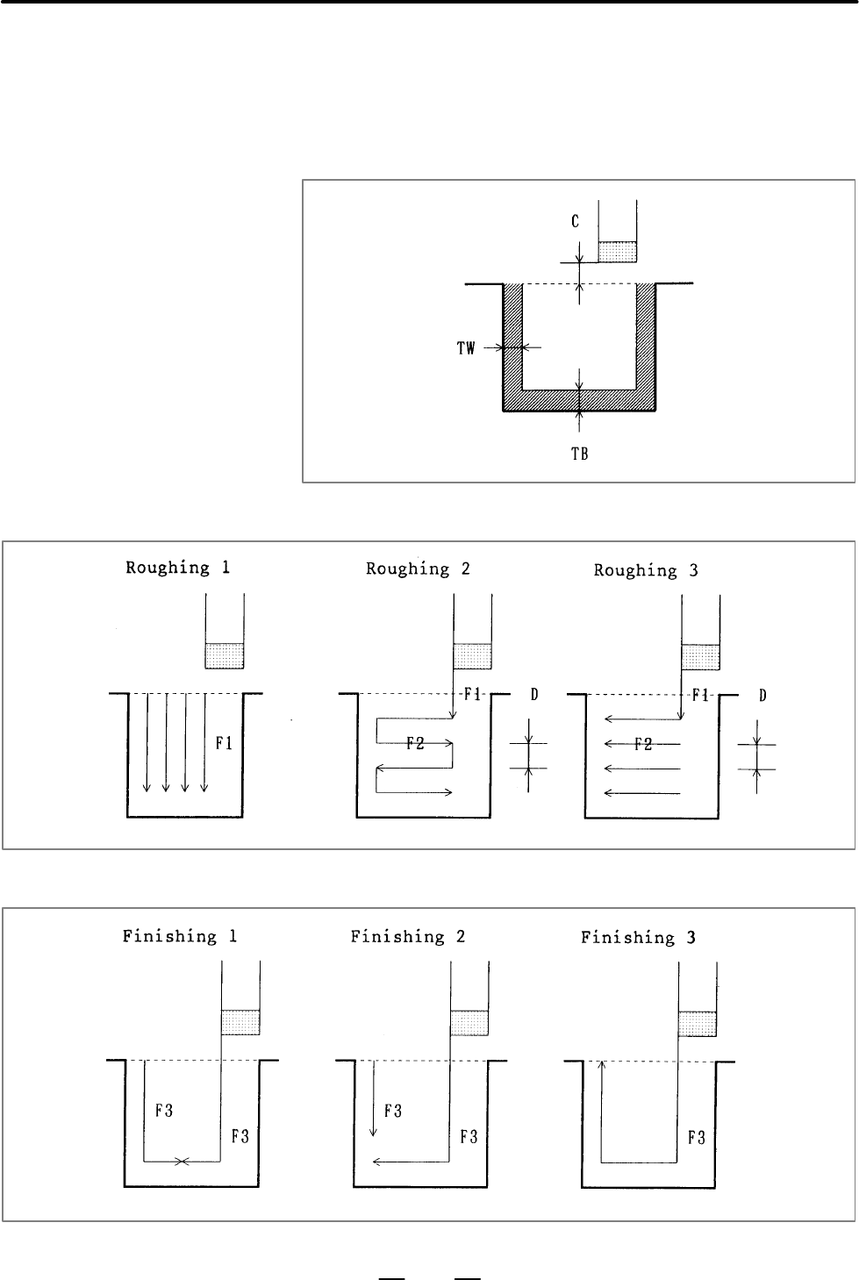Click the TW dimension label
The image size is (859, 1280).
466,348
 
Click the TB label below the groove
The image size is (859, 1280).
579,454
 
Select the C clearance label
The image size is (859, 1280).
575,221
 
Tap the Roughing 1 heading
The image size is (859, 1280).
178,568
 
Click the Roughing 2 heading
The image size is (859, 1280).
418,568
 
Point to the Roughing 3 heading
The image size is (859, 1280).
646,570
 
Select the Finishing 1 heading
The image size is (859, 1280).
180,936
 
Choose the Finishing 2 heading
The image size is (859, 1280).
407,937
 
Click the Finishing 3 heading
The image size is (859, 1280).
638,938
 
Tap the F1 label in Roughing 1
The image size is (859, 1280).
224,743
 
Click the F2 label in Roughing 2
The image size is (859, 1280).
416,743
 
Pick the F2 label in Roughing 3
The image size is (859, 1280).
643,744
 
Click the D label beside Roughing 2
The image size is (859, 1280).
534,694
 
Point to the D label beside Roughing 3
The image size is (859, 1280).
762,696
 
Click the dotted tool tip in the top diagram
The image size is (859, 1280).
617,252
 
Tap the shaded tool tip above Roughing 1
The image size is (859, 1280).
225,656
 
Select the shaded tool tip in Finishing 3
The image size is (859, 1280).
698,1024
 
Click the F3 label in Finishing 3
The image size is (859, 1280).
697,1138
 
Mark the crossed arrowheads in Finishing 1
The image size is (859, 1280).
182,1162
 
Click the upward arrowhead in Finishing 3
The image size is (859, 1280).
601,1064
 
